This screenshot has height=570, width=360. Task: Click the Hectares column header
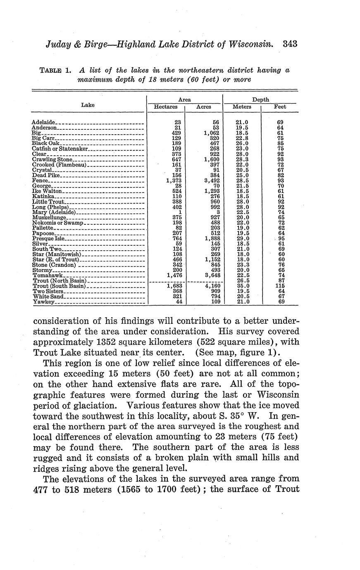pos(166,107)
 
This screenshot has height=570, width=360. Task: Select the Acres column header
pos(204,107)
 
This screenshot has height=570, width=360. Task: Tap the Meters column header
pos(242,107)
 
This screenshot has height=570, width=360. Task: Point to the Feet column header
pos(280,107)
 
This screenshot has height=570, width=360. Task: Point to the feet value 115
pos(280,286)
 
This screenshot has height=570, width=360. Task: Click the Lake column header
pos(88,105)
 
